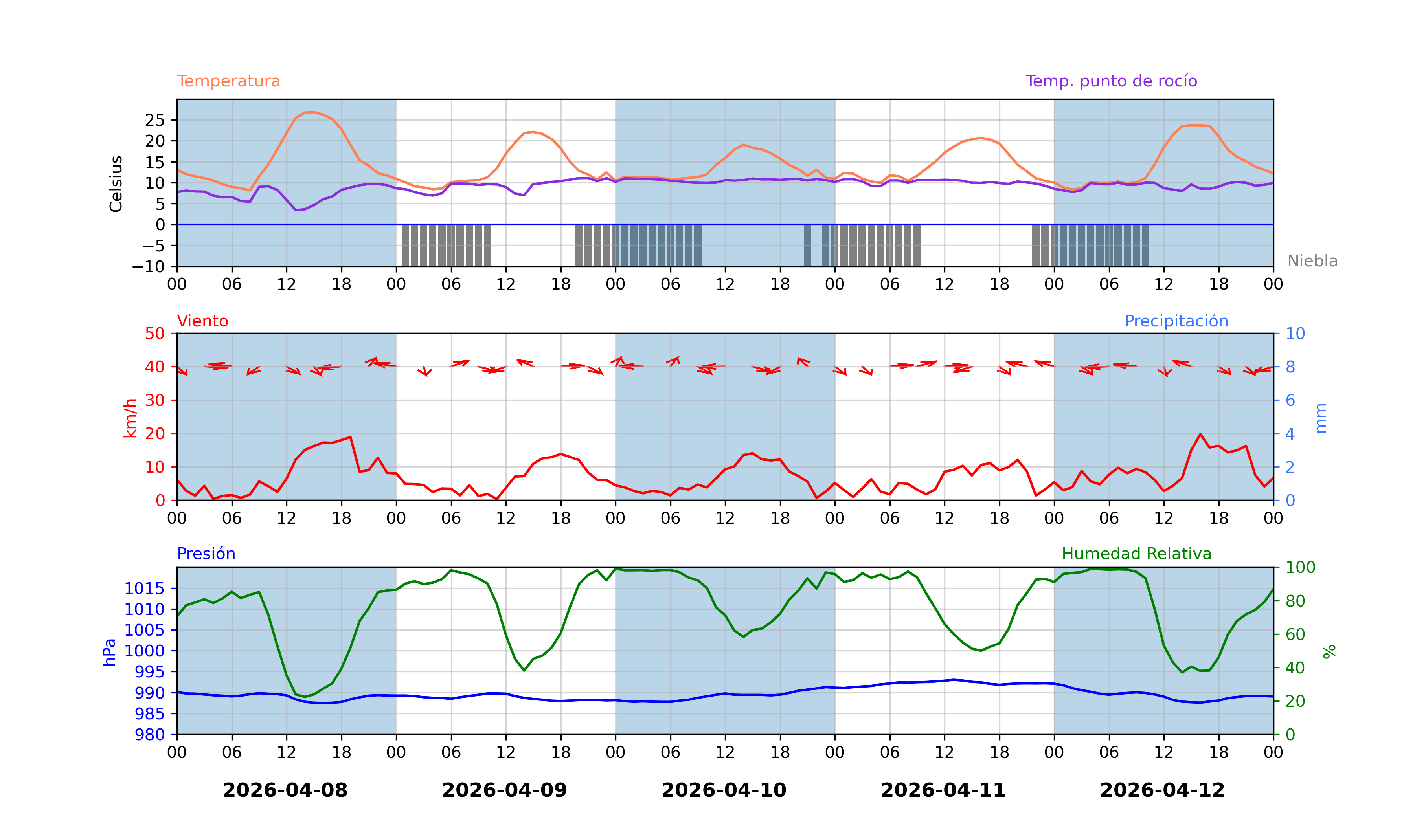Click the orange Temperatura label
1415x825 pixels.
228,81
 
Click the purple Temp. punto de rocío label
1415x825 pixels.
1111,81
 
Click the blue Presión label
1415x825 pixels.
206,554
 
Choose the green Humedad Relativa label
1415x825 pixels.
1136,554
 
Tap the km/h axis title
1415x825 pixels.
130,418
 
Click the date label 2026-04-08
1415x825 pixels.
285,790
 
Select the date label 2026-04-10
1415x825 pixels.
724,790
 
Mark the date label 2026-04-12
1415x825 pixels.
1162,790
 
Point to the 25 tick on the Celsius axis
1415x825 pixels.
155,120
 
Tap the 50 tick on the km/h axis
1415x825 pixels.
155,334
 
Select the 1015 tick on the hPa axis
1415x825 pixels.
144,589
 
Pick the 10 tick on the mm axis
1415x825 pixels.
1296,334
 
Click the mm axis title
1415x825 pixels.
1321,418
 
